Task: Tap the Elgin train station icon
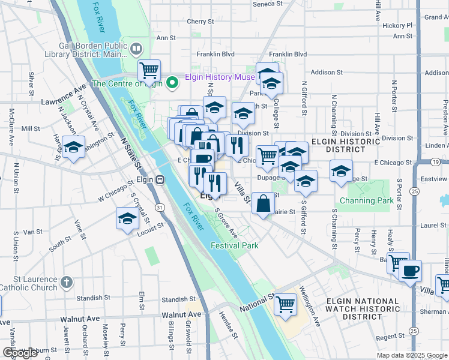(160, 179)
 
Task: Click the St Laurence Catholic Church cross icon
(67, 281)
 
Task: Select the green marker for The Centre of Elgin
(172, 83)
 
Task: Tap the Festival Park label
(234, 245)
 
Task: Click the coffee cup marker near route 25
(410, 271)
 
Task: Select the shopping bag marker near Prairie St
(263, 203)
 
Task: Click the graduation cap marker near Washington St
(74, 147)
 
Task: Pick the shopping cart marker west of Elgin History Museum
(148, 70)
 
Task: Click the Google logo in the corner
(21, 353)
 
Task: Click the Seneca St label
(268, 4)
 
